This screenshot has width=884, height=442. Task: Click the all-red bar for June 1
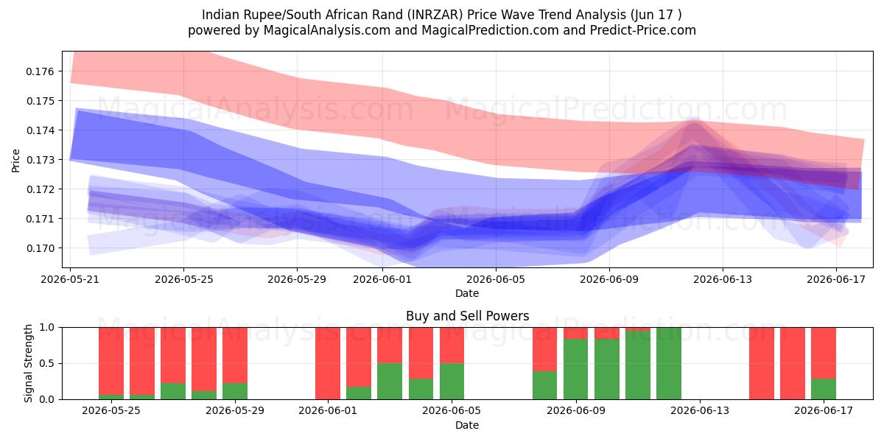tap(328, 363)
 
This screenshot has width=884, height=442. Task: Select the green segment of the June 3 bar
tap(390, 381)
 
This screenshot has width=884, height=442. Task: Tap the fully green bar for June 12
tap(669, 363)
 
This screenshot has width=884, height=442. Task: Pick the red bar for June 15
tap(762, 363)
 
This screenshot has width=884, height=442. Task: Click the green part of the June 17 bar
tap(824, 389)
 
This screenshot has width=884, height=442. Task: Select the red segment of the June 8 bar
tap(544, 349)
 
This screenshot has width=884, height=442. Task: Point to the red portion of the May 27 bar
tap(173, 355)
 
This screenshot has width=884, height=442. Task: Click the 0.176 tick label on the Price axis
tap(40, 71)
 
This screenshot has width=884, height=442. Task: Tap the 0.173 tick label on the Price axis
tap(40, 160)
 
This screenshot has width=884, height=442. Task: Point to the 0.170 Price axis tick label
tap(40, 248)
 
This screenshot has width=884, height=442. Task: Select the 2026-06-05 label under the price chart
tap(496, 279)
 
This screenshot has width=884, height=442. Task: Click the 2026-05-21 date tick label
tap(70, 279)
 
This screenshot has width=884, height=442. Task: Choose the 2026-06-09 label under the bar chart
tap(576, 410)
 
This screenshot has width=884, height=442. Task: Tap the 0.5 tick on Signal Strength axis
tap(47, 363)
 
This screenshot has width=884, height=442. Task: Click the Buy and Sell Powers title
tap(467, 316)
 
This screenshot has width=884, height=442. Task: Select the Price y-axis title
tap(15, 161)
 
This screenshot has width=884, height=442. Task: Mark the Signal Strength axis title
tap(28, 363)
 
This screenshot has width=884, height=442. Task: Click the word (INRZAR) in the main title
tap(435, 15)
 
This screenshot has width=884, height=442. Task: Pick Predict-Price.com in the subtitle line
tap(643, 30)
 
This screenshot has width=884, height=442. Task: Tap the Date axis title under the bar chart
tap(467, 425)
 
